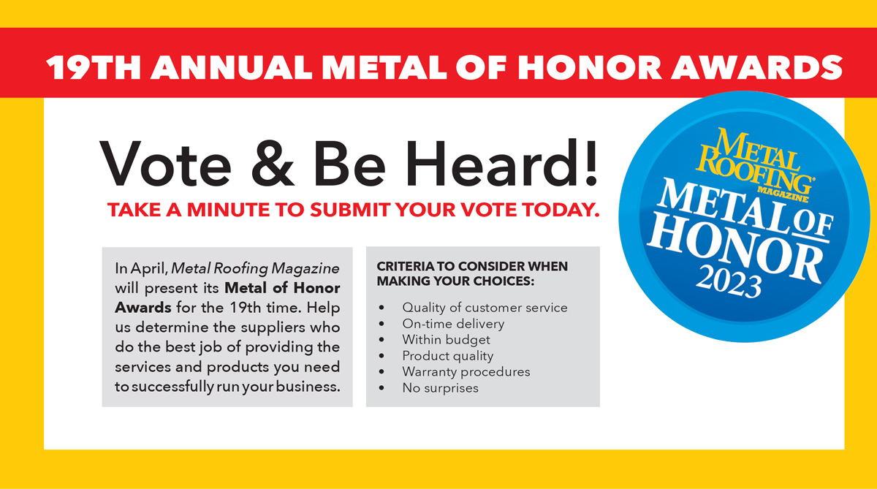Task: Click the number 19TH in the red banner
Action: click(94, 67)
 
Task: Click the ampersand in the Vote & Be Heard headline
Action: click(273, 164)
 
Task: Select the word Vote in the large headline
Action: click(165, 164)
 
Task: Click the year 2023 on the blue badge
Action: click(729, 281)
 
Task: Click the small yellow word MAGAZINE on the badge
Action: click(782, 194)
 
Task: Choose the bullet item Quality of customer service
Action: click(485, 308)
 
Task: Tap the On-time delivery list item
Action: click(453, 324)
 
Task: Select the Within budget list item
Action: click(446, 340)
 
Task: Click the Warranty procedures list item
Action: click(466, 372)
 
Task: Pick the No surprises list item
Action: click(441, 388)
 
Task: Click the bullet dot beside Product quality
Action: click(381, 356)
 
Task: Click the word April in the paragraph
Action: click(149, 269)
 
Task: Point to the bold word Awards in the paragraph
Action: click(143, 308)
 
